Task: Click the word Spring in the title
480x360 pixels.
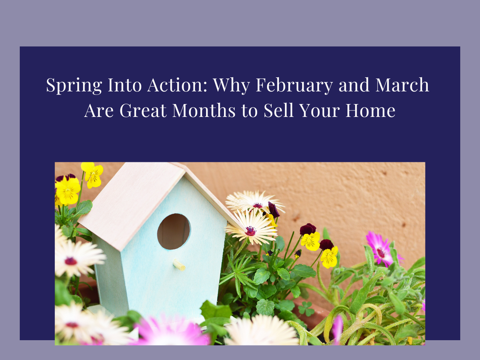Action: (x=74, y=86)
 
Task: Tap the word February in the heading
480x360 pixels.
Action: (x=294, y=85)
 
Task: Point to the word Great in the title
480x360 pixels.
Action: (x=143, y=110)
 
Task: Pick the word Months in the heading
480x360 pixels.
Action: (x=204, y=110)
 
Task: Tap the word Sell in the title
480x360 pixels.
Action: (x=278, y=110)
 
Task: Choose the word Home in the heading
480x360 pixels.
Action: (x=370, y=110)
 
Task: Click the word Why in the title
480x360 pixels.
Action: (x=232, y=86)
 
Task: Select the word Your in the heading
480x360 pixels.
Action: (x=319, y=110)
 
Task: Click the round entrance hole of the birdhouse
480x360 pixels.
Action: (x=174, y=232)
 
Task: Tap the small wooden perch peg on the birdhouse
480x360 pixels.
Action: (x=179, y=265)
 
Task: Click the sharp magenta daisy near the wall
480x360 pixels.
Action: (x=382, y=250)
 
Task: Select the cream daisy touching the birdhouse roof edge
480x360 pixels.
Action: (x=251, y=229)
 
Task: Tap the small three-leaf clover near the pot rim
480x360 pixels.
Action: (x=306, y=309)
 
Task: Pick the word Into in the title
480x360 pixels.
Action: (x=125, y=85)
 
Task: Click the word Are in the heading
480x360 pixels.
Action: (x=99, y=110)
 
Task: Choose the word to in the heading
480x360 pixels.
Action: (x=250, y=111)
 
